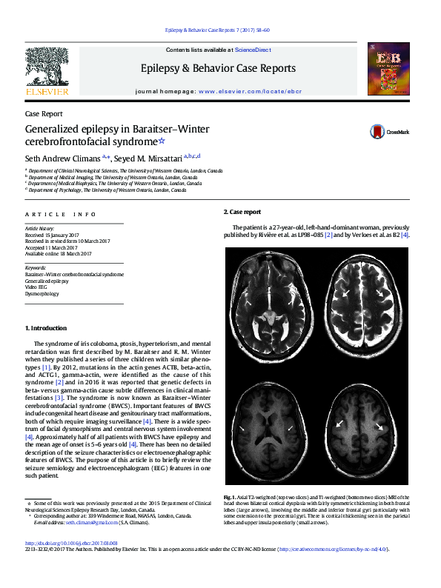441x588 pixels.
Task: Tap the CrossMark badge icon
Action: coord(378,133)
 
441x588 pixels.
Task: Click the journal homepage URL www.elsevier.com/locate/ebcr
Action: coord(250,91)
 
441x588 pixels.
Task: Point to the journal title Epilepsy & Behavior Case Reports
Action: coord(218,68)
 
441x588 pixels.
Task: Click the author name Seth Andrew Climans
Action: coord(65,157)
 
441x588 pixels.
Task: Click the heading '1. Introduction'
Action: coord(46,328)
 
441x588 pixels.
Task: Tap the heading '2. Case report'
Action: coord(242,212)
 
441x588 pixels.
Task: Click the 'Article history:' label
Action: coord(40,230)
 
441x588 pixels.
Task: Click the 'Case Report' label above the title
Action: coord(44,115)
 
